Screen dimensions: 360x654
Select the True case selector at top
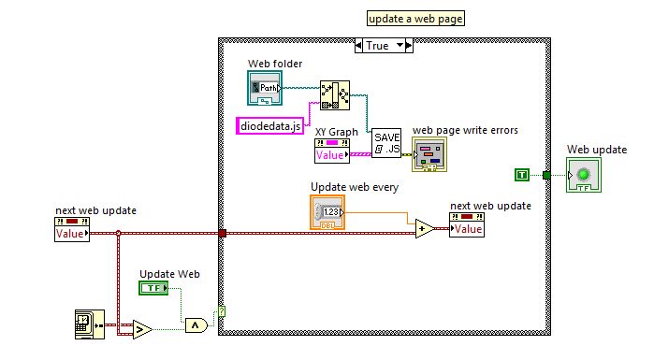tap(383, 45)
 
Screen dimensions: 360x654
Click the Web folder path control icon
tap(266, 88)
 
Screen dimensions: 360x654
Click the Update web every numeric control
tap(327, 212)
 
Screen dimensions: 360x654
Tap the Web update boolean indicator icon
tap(586, 175)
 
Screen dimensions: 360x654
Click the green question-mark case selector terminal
tap(222, 312)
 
